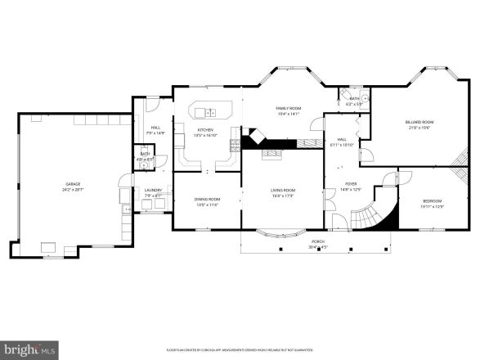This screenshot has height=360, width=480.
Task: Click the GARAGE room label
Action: (67, 184)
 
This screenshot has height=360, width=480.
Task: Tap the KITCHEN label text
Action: (205, 130)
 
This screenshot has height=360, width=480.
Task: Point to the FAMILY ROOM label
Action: (288, 108)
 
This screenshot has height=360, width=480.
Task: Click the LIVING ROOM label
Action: (283, 191)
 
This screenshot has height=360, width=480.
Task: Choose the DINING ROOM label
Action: (207, 199)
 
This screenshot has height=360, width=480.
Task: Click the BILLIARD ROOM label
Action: (419, 123)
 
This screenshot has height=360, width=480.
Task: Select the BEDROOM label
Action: (433, 201)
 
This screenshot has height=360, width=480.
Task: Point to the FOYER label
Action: (351, 184)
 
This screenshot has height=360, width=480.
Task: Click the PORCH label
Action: (317, 242)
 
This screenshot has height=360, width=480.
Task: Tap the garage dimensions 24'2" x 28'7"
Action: (67, 189)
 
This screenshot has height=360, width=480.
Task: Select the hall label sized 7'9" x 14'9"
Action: (155, 129)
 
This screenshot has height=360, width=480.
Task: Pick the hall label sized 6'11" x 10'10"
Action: (343, 142)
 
